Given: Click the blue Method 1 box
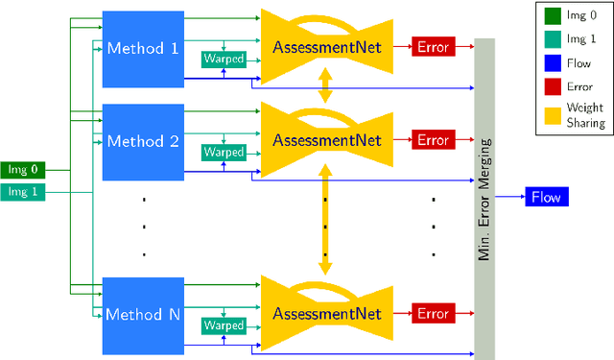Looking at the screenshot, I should (141, 48).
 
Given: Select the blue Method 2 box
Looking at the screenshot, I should (141, 141).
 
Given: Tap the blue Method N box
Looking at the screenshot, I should (141, 314).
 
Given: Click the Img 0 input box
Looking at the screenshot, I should (22, 171).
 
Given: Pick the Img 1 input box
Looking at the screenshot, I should (22, 191).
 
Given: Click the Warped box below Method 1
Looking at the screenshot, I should (223, 59).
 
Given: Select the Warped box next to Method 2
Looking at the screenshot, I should (223, 152).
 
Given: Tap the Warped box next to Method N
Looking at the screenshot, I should (223, 325).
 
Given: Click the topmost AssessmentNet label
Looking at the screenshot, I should (327, 48).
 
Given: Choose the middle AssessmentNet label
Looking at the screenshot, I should (327, 141).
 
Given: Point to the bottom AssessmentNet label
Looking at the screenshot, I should (327, 314).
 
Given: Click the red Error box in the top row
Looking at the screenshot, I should (433, 47).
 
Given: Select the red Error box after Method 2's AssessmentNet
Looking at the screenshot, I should (433, 140).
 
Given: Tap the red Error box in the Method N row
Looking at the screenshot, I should (433, 313).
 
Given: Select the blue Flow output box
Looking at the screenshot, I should (546, 198).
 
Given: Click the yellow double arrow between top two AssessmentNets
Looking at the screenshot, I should (327, 85).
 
